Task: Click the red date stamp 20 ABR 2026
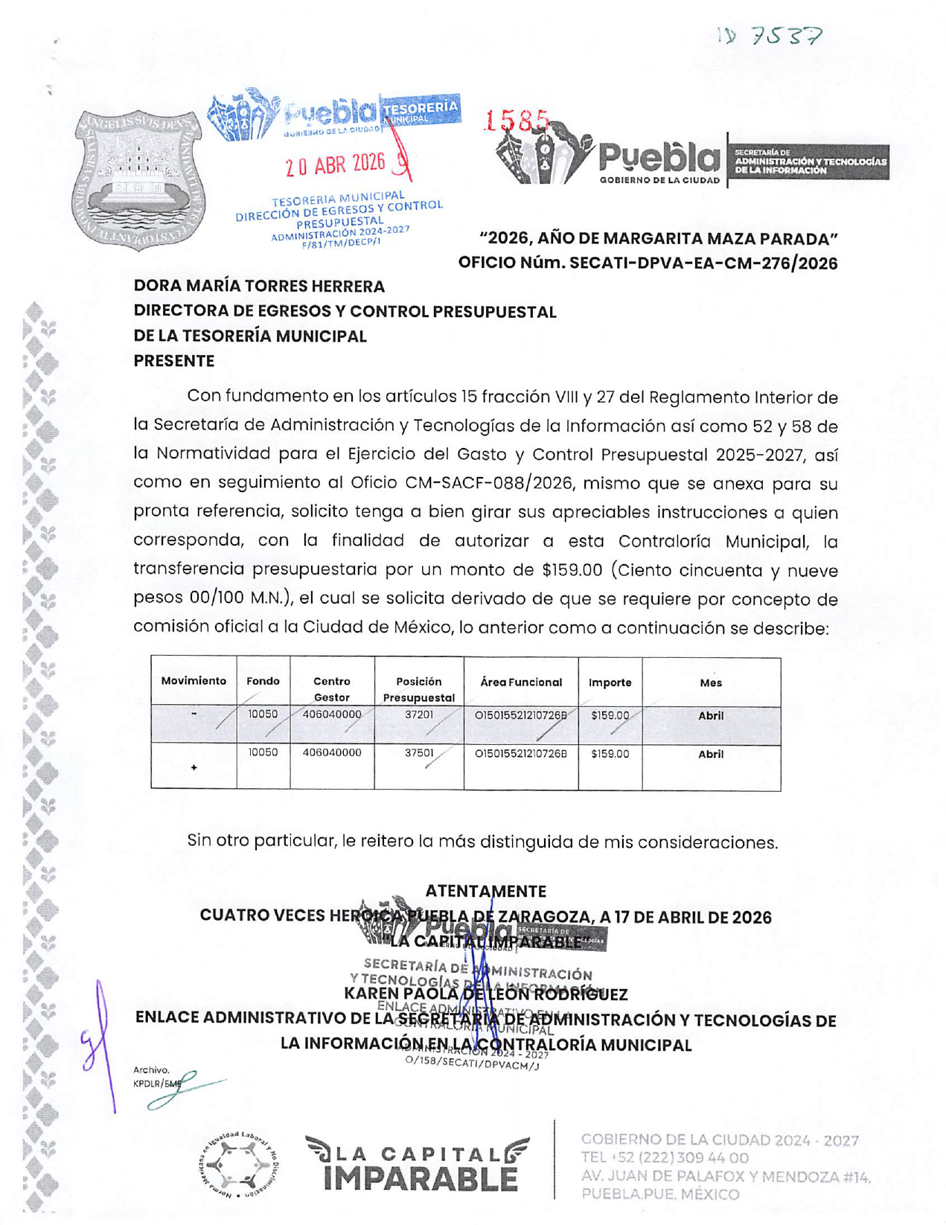click(336, 164)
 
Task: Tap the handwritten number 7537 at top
click(787, 35)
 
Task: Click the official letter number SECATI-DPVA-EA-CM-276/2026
click(703, 263)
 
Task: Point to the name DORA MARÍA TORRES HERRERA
click(259, 287)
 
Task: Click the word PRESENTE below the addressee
click(174, 361)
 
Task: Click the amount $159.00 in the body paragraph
click(572, 570)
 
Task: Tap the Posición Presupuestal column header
click(418, 689)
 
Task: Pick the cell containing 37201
click(418, 714)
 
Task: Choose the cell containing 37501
click(418, 753)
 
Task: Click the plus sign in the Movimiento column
click(194, 767)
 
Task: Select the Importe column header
click(610, 682)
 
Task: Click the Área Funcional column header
click(521, 682)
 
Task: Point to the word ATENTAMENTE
click(485, 891)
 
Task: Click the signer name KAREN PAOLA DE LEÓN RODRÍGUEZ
click(485, 994)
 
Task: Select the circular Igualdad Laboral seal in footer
click(239, 1165)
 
